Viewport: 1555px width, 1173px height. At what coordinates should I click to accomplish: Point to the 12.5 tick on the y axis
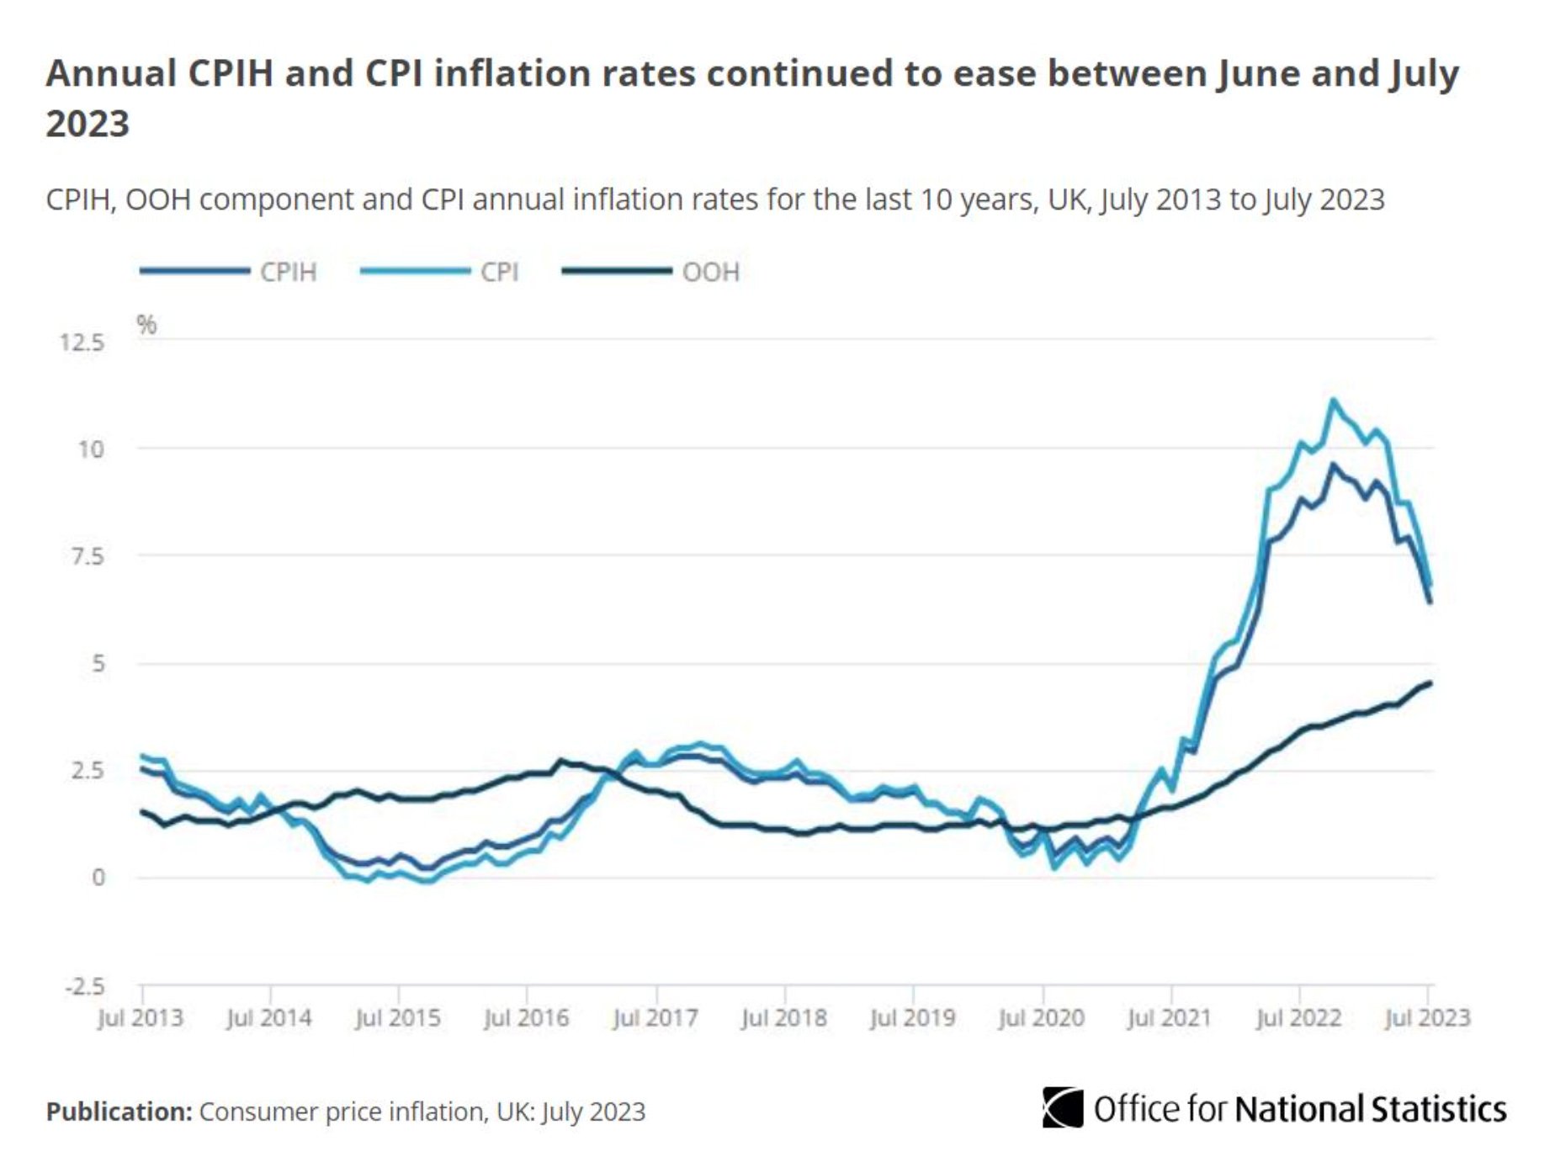(82, 342)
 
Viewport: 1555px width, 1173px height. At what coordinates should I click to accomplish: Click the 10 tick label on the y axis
(91, 449)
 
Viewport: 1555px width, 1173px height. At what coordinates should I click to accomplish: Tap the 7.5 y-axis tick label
(87, 556)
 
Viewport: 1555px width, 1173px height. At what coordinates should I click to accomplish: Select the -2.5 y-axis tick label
(85, 986)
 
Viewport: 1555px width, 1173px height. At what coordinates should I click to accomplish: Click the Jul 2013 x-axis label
(140, 1018)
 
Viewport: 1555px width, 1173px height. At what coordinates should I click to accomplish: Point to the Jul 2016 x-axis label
(526, 1018)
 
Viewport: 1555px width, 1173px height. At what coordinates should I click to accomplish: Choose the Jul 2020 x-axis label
(1041, 1018)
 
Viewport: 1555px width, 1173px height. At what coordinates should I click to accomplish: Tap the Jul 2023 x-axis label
(1427, 1018)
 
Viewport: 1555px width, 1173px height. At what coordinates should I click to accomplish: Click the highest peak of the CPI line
(1333, 401)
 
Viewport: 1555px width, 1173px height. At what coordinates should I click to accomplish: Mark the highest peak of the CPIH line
(1333, 464)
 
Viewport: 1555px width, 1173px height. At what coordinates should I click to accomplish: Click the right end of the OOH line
(1430, 682)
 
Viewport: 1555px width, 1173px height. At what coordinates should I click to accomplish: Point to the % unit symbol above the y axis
(146, 325)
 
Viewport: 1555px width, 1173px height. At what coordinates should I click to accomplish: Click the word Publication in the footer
(119, 1112)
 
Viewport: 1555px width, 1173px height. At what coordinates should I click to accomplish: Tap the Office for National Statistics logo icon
(1063, 1107)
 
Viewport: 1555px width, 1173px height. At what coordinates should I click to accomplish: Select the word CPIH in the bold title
(230, 73)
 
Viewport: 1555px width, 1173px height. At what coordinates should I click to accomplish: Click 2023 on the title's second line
(88, 124)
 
